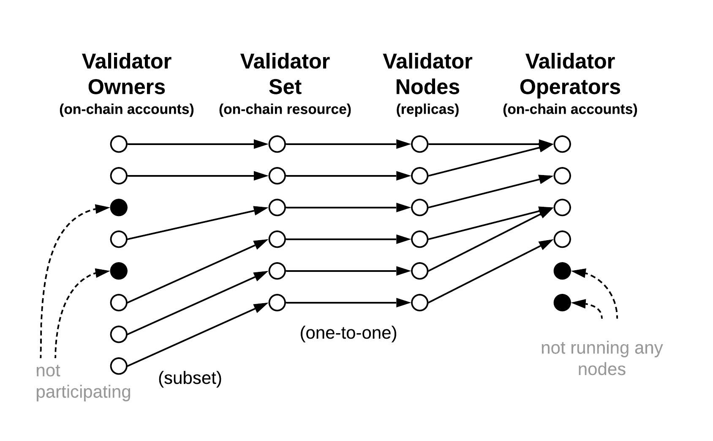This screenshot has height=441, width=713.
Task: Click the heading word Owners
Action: pos(126,87)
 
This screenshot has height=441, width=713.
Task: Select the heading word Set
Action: pos(285,87)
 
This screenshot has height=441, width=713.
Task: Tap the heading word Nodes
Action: pos(427,87)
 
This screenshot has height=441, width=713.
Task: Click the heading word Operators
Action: pos(570,87)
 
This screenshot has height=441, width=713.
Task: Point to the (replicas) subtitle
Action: pos(427,110)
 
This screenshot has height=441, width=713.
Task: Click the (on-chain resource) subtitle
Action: pos(285,110)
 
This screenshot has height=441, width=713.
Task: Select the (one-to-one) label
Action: pos(348,333)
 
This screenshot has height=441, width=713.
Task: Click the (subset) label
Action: pos(190,378)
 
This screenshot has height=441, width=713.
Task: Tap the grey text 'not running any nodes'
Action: pos(601,358)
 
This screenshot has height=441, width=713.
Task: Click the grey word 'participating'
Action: pos(83,392)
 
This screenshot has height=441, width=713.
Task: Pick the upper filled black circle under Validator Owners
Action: pos(119,208)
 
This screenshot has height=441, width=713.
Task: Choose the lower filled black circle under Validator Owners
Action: pos(119,271)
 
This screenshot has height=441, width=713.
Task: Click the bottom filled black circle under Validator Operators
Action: pos(562,303)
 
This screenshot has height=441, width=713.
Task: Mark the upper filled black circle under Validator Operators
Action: pos(562,271)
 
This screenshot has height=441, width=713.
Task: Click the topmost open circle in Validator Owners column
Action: pos(119,144)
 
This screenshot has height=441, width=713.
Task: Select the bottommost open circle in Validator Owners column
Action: pos(119,366)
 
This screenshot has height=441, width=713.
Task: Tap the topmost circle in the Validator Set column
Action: pos(277,144)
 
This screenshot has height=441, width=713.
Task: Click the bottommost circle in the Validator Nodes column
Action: pos(419,303)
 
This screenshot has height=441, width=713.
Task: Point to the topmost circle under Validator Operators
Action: pos(562,144)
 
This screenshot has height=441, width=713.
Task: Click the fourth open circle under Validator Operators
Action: pos(562,239)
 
